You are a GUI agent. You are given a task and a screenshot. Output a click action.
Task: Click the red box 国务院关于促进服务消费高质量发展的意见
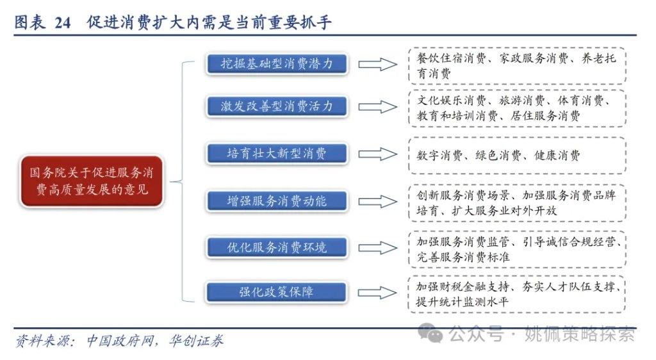[92, 181]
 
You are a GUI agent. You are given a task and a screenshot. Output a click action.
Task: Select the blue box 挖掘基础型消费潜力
[277, 63]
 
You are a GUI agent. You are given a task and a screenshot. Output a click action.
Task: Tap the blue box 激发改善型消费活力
[277, 106]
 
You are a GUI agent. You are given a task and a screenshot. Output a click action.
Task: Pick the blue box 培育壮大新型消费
[277, 154]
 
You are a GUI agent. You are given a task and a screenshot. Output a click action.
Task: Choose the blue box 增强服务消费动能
[277, 201]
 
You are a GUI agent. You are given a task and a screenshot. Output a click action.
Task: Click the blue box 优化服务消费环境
[277, 247]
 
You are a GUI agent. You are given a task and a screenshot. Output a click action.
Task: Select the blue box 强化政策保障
[277, 292]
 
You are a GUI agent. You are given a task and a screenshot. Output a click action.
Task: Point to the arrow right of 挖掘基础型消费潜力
[377, 65]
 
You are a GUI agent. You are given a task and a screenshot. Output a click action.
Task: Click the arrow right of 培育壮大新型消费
[377, 154]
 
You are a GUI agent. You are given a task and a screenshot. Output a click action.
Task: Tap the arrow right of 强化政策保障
[377, 292]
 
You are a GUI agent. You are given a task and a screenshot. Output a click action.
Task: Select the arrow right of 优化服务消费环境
[377, 248]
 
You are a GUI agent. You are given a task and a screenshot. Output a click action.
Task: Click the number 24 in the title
[62, 22]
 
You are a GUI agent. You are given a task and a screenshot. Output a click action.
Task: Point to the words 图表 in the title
[29, 22]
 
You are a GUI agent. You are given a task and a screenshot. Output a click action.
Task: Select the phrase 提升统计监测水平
[462, 302]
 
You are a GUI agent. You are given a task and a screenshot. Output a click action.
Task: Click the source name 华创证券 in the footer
[196, 341]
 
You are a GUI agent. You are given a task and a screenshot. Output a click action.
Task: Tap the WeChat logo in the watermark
[430, 333]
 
